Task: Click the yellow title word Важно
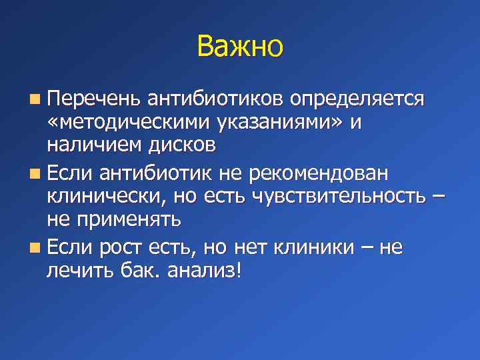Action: (x=240, y=47)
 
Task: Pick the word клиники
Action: (x=315, y=248)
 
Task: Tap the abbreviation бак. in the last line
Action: (x=145, y=272)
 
